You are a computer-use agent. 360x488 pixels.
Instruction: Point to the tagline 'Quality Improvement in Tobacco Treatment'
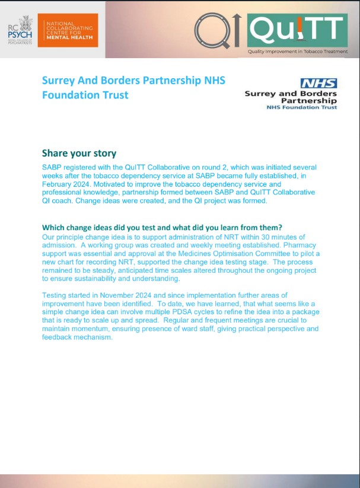[298, 52]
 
